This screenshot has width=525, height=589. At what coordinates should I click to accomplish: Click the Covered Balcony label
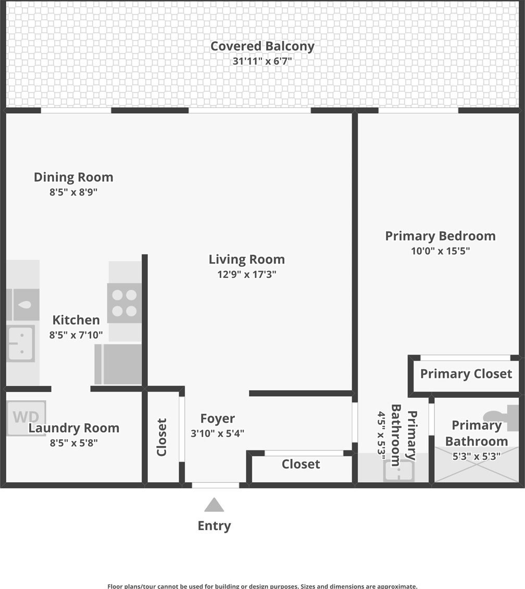click(x=262, y=46)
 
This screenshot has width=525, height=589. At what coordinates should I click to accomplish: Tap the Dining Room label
click(x=73, y=177)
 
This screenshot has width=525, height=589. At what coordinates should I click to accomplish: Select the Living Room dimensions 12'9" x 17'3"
click(x=246, y=274)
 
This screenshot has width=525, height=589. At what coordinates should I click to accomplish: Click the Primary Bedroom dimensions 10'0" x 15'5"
click(x=440, y=251)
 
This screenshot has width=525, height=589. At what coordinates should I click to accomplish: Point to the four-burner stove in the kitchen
click(x=124, y=303)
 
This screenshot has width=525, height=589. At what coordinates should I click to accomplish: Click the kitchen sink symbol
click(x=21, y=343)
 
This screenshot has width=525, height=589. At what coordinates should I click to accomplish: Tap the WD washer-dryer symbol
click(x=26, y=418)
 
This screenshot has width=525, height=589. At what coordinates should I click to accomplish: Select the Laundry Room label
click(x=73, y=428)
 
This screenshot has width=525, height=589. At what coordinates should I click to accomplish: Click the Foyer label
click(x=218, y=419)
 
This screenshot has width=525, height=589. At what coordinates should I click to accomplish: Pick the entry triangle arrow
click(x=214, y=505)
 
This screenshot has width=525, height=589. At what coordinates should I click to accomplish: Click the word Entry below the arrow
click(x=214, y=526)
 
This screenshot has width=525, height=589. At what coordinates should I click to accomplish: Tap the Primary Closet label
click(x=466, y=374)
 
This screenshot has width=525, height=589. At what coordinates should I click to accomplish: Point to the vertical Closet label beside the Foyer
click(x=161, y=437)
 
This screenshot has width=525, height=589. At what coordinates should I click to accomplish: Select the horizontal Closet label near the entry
click(x=301, y=464)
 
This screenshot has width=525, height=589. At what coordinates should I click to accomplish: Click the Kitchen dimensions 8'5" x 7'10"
click(x=76, y=335)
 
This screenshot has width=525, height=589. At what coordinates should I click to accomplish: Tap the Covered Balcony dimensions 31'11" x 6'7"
click(x=262, y=61)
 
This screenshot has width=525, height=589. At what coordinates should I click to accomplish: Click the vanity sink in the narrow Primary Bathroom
click(x=399, y=470)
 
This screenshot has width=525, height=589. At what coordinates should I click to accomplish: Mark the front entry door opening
click(x=216, y=485)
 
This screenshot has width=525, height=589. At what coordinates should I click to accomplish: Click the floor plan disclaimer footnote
click(x=262, y=586)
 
